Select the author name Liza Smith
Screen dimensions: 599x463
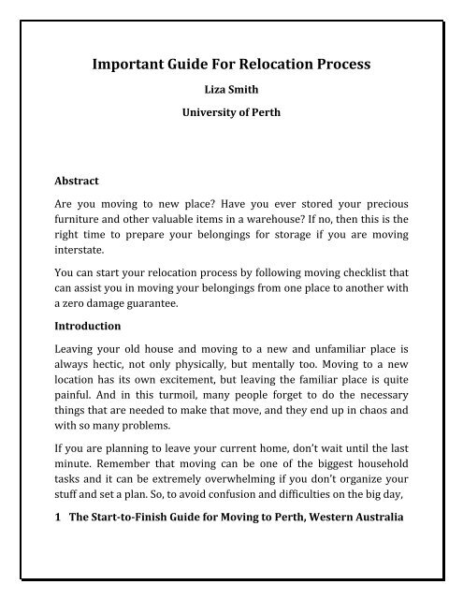click(x=230, y=94)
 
